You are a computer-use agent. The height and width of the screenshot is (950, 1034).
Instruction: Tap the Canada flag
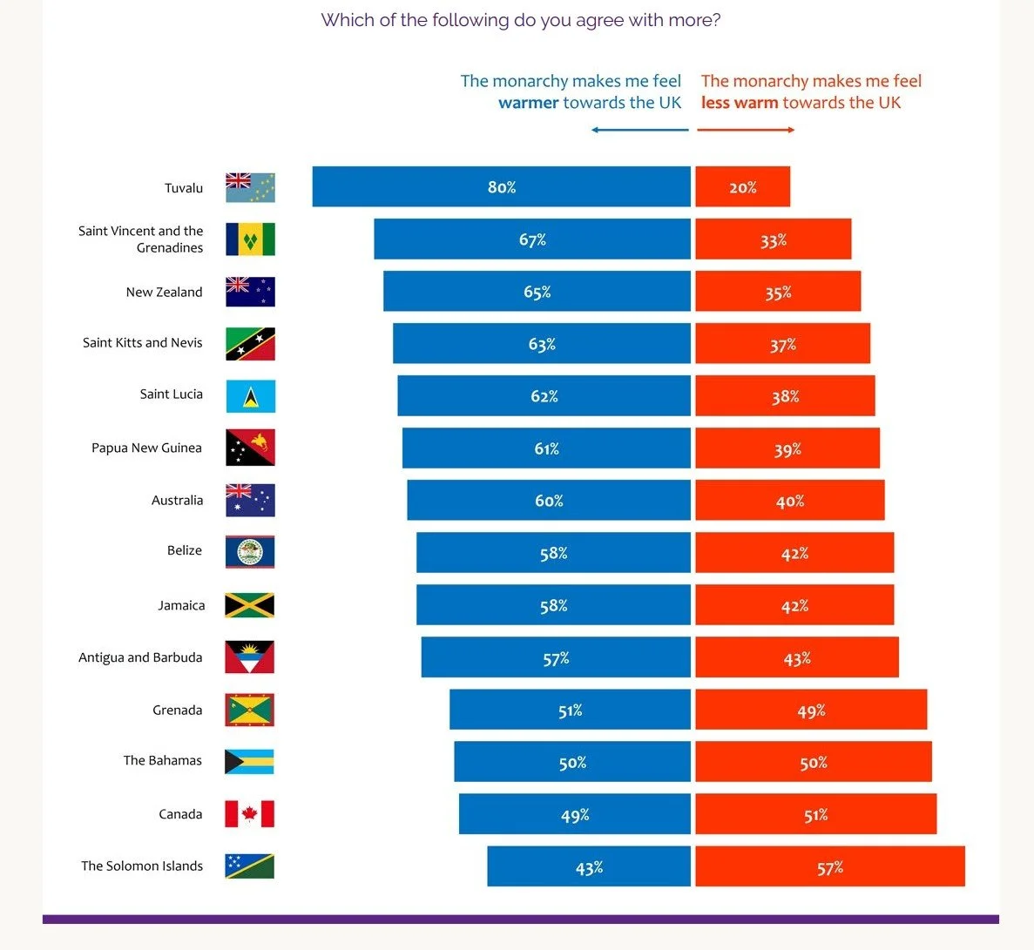pyautogui.click(x=249, y=814)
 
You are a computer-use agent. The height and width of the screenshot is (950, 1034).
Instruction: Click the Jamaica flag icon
pyautogui.click(x=249, y=605)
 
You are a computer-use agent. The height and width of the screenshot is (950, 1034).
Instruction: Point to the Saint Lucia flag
pyautogui.click(x=250, y=396)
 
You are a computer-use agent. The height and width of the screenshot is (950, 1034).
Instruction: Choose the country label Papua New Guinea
pyautogui.click(x=146, y=448)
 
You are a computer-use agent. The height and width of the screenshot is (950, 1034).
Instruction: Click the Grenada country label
pyautogui.click(x=177, y=710)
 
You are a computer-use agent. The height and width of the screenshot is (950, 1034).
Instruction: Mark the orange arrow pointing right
pyautogui.click(x=746, y=130)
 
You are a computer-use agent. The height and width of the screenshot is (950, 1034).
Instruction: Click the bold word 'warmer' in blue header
pyautogui.click(x=528, y=103)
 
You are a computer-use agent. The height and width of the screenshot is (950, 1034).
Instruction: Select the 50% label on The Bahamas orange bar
pyautogui.click(x=814, y=763)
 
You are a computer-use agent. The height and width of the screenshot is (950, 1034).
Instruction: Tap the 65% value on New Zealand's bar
pyautogui.click(x=537, y=292)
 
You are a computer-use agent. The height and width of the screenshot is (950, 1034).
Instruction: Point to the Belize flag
pyautogui.click(x=249, y=552)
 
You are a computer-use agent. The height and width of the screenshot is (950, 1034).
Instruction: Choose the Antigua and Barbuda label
pyautogui.click(x=140, y=657)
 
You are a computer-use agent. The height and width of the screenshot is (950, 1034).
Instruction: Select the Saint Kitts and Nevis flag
pyautogui.click(x=250, y=344)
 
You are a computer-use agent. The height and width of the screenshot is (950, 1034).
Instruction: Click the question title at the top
pyautogui.click(x=520, y=20)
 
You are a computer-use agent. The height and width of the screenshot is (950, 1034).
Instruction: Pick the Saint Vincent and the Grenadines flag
pyautogui.click(x=250, y=239)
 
